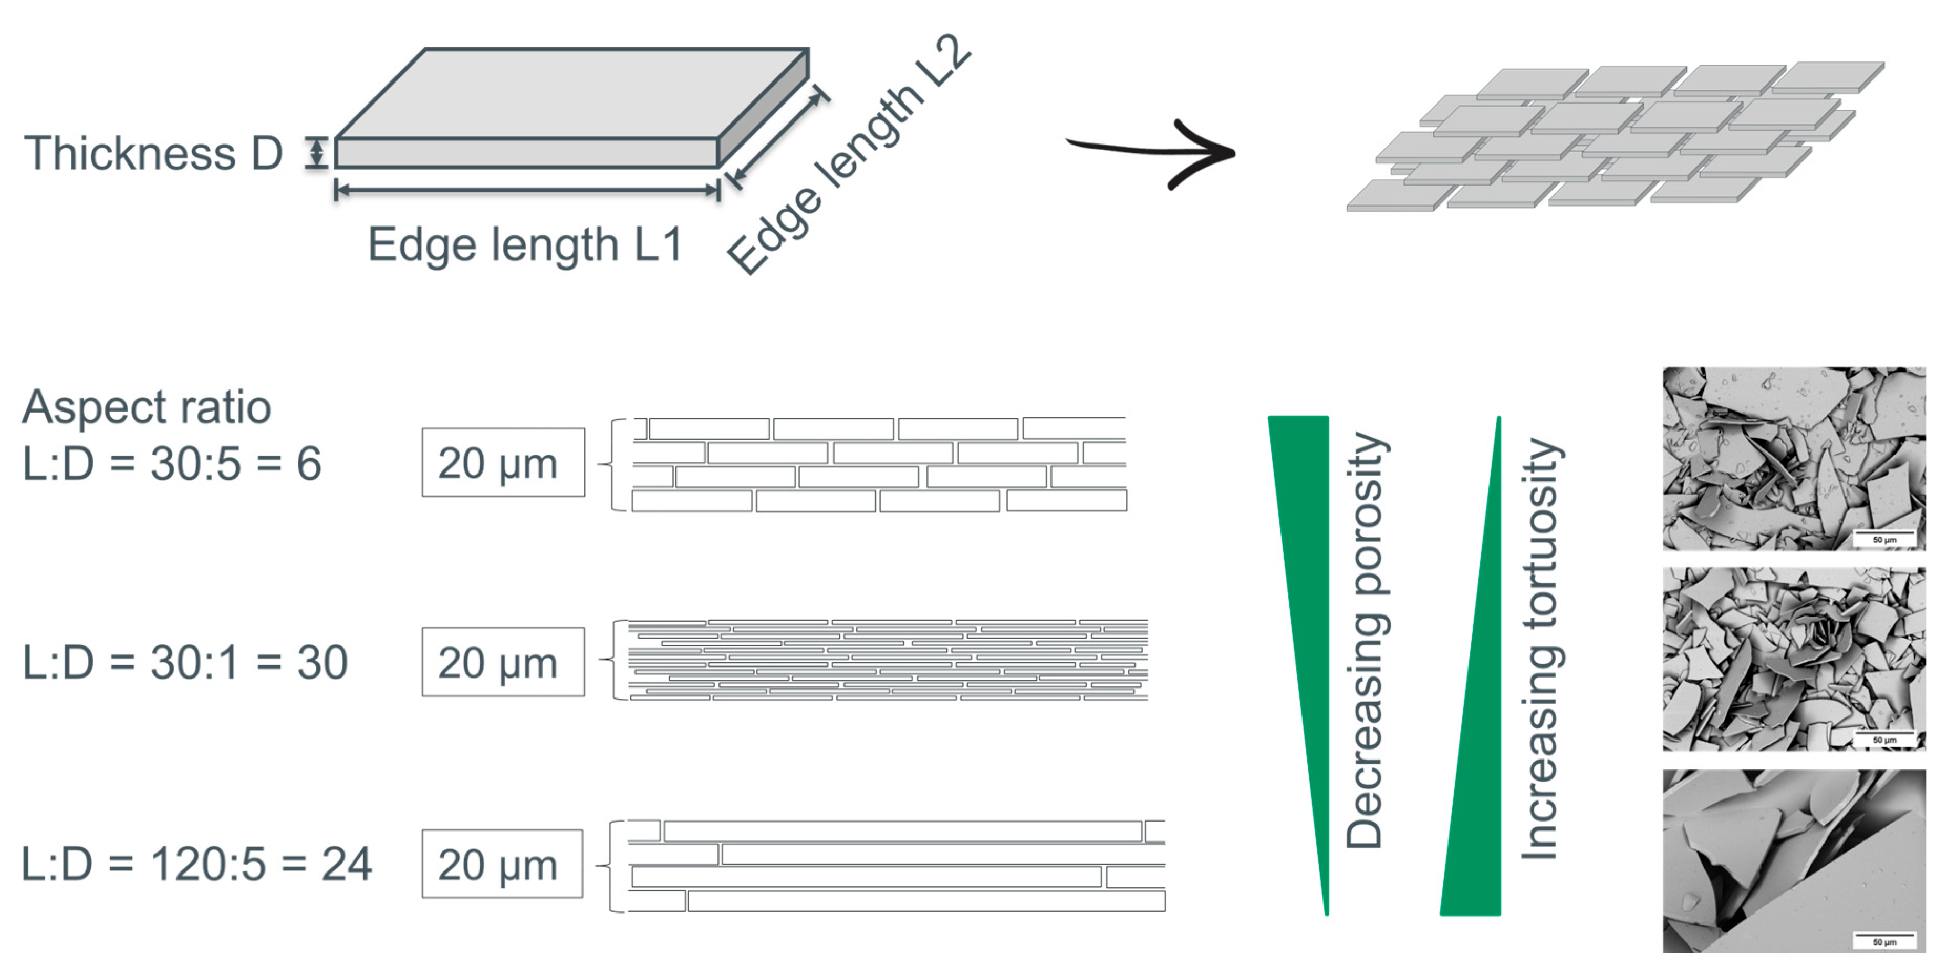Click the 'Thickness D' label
coord(153,153)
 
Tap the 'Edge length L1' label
coord(525,244)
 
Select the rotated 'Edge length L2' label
coord(850,154)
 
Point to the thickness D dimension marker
coord(317,153)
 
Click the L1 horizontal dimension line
coord(526,190)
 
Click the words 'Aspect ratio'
coord(147,407)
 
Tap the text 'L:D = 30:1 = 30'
coord(185,663)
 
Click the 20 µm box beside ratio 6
coord(502,463)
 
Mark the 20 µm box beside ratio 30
coord(502,662)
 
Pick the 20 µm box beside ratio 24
coord(502,864)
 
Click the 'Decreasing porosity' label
coord(1365,640)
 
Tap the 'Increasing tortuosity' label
coord(1542,647)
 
